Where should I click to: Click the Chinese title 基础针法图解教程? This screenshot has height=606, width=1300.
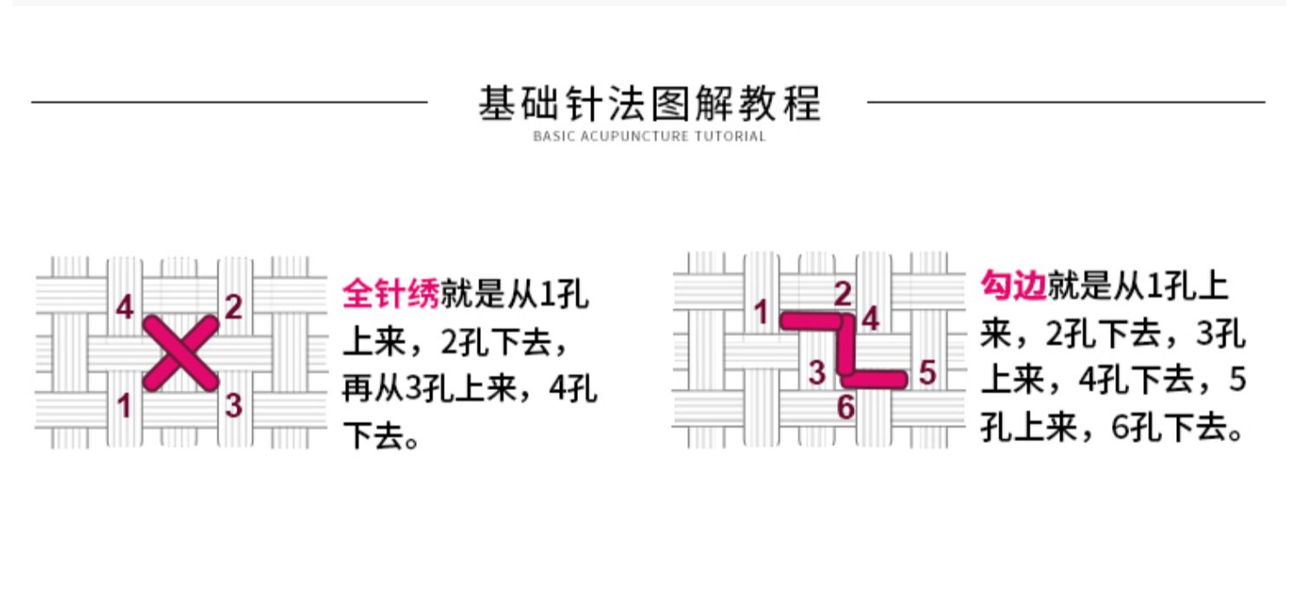point(649,104)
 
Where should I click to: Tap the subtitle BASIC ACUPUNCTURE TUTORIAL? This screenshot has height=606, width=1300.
point(649,136)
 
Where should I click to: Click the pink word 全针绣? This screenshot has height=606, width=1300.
point(391,294)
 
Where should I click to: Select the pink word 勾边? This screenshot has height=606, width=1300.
point(1012,284)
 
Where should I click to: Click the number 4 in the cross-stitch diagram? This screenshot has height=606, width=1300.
point(126,306)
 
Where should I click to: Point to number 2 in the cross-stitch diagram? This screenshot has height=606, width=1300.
point(233,306)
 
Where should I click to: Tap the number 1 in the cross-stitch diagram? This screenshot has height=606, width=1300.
point(125,405)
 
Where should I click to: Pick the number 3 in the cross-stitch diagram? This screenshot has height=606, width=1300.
point(234,405)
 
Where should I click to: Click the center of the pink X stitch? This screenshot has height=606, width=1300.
point(180,353)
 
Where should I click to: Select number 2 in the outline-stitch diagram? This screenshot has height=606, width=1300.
point(842,294)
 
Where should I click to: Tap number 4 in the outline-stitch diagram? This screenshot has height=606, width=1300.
point(870,319)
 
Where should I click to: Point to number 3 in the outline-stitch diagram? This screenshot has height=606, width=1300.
point(817,373)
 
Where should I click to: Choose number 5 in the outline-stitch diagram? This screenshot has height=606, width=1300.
point(927,373)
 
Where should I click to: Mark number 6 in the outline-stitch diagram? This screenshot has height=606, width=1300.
point(846,407)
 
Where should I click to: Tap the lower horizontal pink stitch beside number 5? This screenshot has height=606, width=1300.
point(875,379)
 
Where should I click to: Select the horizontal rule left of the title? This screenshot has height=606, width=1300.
point(230,102)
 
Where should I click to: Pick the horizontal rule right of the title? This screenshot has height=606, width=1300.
point(1066,102)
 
